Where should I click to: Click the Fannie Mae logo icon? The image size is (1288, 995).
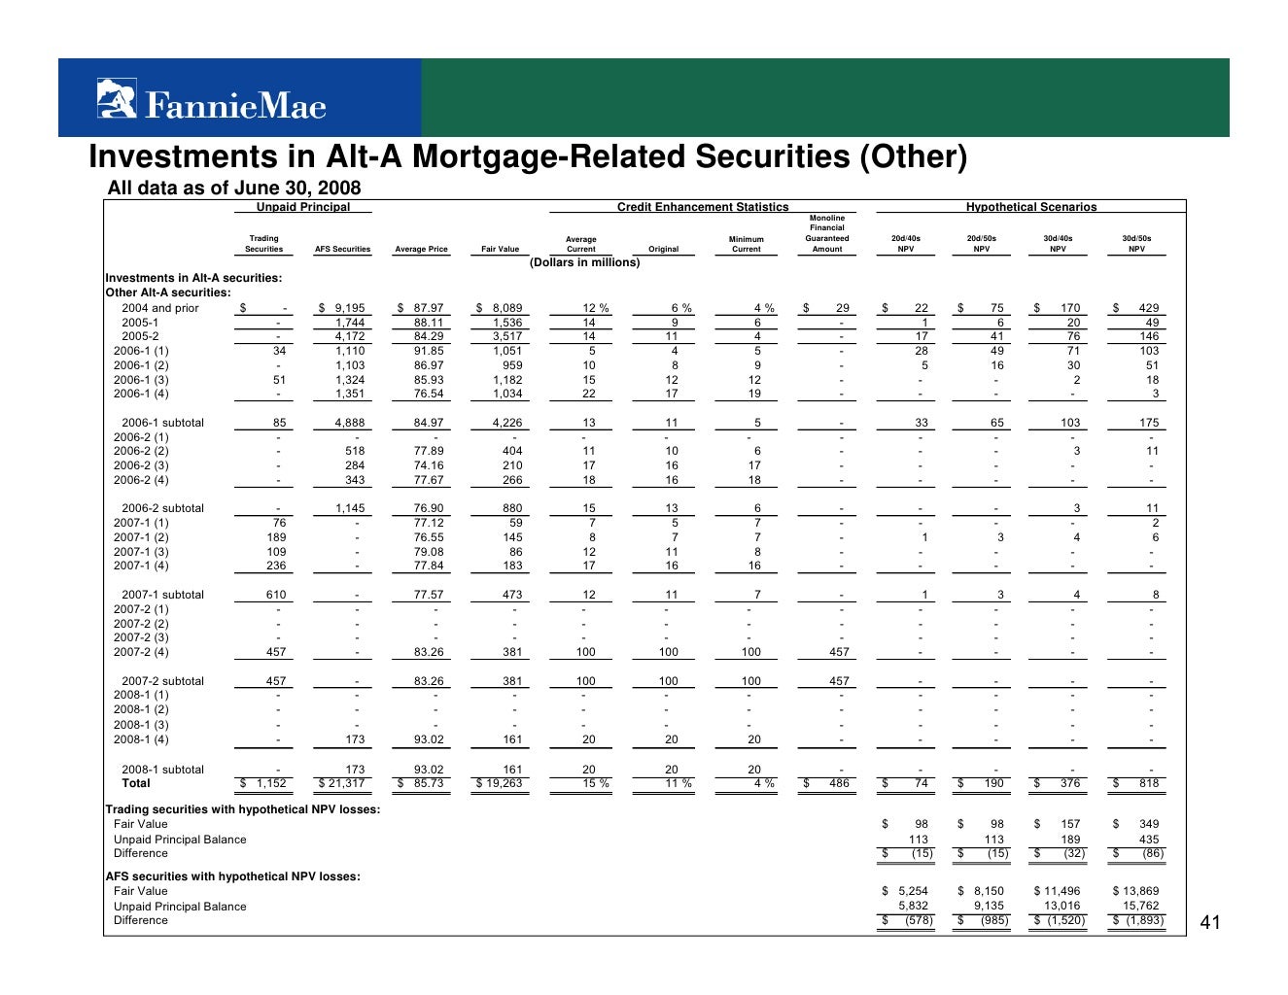pyautogui.click(x=117, y=98)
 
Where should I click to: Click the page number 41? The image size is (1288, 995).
pyautogui.click(x=1209, y=922)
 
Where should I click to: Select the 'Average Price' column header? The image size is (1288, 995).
pyautogui.click(x=421, y=250)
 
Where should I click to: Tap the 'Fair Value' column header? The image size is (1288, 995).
pyautogui.click(x=500, y=250)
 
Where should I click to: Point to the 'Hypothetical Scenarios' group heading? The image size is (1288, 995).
pyautogui.click(x=1030, y=207)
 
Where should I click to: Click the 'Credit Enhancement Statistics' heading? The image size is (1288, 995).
pyautogui.click(x=703, y=207)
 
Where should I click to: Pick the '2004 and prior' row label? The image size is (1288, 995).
pyautogui.click(x=159, y=308)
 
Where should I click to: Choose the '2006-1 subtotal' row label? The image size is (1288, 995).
pyautogui.click(x=162, y=423)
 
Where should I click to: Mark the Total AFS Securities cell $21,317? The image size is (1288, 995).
pyautogui.click(x=342, y=783)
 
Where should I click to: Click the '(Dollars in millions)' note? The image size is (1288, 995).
pyautogui.click(x=584, y=262)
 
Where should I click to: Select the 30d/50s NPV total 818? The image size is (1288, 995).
pyautogui.click(x=1149, y=783)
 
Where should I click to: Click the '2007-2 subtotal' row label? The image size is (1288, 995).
pyautogui.click(x=162, y=681)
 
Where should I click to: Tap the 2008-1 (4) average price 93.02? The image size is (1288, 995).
pyautogui.click(x=428, y=739)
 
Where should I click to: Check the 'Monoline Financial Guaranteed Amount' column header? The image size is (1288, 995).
pyautogui.click(x=827, y=233)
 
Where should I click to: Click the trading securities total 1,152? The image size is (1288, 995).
pyautogui.click(x=270, y=783)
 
